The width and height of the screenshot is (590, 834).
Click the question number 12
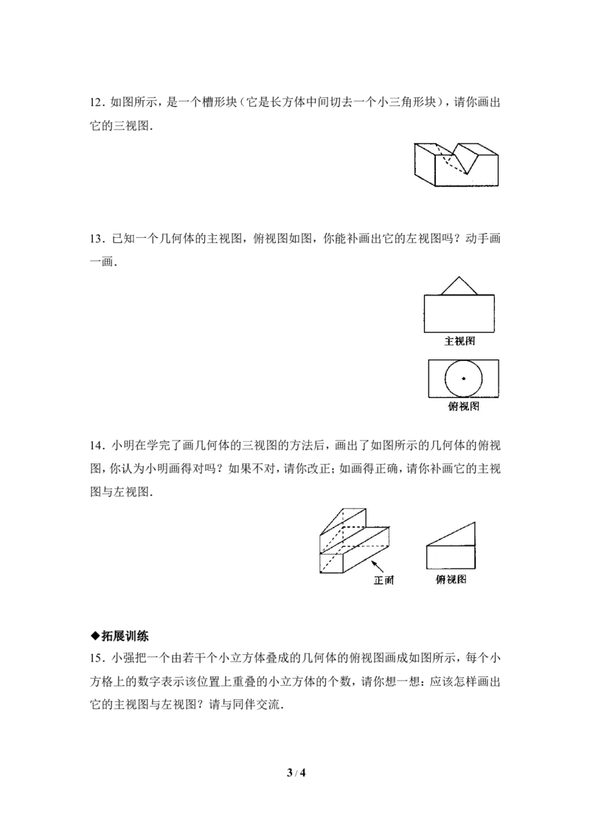[x=96, y=102]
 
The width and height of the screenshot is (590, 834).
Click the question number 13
[x=96, y=238]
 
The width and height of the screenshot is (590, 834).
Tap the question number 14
[x=96, y=445]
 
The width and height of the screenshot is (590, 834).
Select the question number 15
[x=96, y=658]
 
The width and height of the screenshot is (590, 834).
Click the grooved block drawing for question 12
[x=457, y=164]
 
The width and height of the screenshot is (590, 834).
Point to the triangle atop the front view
[x=459, y=286]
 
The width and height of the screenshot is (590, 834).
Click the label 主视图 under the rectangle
[x=459, y=341]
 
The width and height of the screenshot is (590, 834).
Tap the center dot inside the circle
[x=463, y=379]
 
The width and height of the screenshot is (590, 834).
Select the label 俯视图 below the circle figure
[x=463, y=407]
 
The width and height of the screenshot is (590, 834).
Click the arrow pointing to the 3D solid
[x=378, y=567]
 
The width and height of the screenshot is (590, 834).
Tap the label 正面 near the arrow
[x=383, y=580]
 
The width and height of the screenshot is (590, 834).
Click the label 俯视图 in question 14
[x=451, y=579]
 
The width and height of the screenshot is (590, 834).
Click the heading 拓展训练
[x=125, y=636]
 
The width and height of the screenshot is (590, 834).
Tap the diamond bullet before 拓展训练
[x=95, y=636]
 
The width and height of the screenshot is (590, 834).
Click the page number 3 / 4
[x=296, y=773]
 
